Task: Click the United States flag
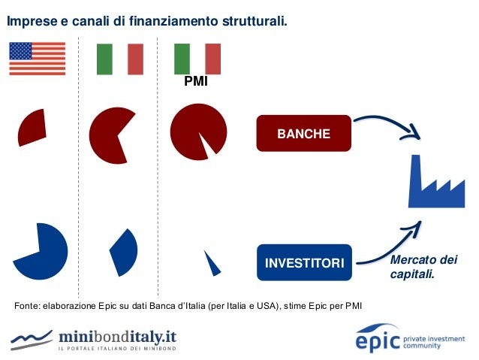(x=37, y=59)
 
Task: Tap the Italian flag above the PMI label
(x=197, y=59)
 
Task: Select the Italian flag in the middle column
(x=120, y=59)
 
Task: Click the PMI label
(x=196, y=81)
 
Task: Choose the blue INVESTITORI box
(x=304, y=263)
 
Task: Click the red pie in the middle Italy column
(x=113, y=135)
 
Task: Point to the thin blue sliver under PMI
(x=212, y=262)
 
